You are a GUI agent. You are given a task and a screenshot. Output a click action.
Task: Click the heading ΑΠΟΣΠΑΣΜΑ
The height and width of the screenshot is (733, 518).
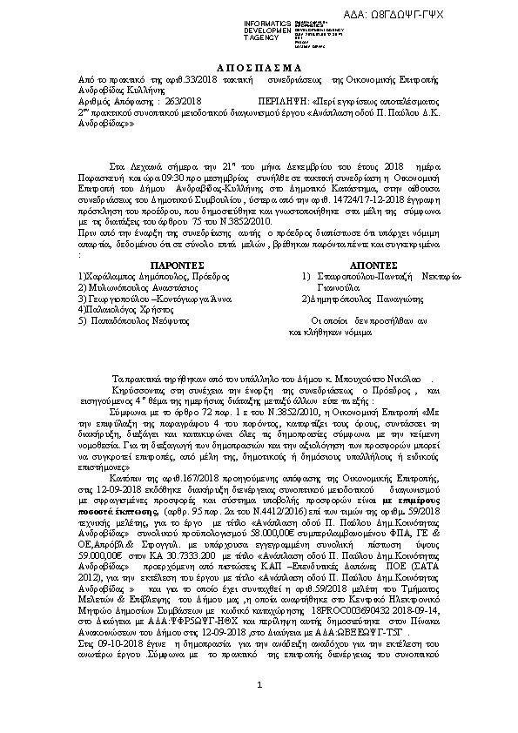tap(258, 68)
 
